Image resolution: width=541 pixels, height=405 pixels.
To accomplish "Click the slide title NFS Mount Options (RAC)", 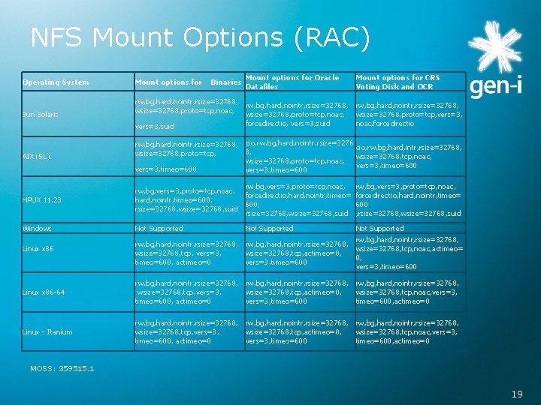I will pos(200,37).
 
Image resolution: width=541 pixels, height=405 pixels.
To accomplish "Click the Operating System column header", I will pos(56,82).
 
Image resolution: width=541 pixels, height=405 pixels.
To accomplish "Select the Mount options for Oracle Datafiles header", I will pos(292,82).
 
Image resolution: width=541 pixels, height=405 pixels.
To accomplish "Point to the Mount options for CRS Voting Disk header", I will pos(397,82).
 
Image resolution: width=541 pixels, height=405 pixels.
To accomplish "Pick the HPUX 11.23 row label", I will pos(42,199).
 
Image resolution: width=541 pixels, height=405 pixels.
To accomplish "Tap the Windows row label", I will pos(37,228).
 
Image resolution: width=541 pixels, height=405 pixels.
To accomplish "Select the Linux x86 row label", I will pos(38,248).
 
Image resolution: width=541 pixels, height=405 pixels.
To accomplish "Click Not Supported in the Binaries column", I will pos(159,228).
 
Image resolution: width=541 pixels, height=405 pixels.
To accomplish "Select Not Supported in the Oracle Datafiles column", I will pos(269,228).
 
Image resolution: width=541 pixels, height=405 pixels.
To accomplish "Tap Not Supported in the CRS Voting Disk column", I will pos(379,228).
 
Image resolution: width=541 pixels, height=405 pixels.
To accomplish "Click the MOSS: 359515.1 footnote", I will pos(62,368).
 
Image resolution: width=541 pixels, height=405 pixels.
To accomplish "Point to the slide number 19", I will pos(517,393).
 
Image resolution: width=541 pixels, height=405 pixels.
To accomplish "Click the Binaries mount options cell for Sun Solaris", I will pos(186,113).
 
